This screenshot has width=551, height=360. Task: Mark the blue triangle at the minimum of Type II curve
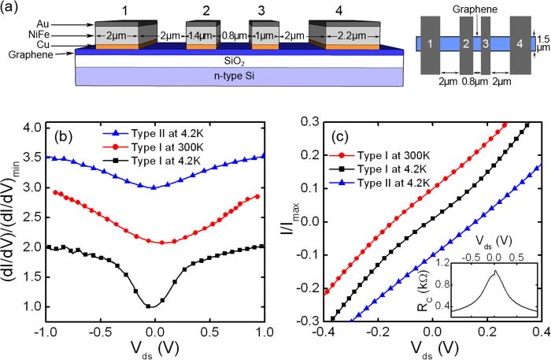point(153,187)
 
